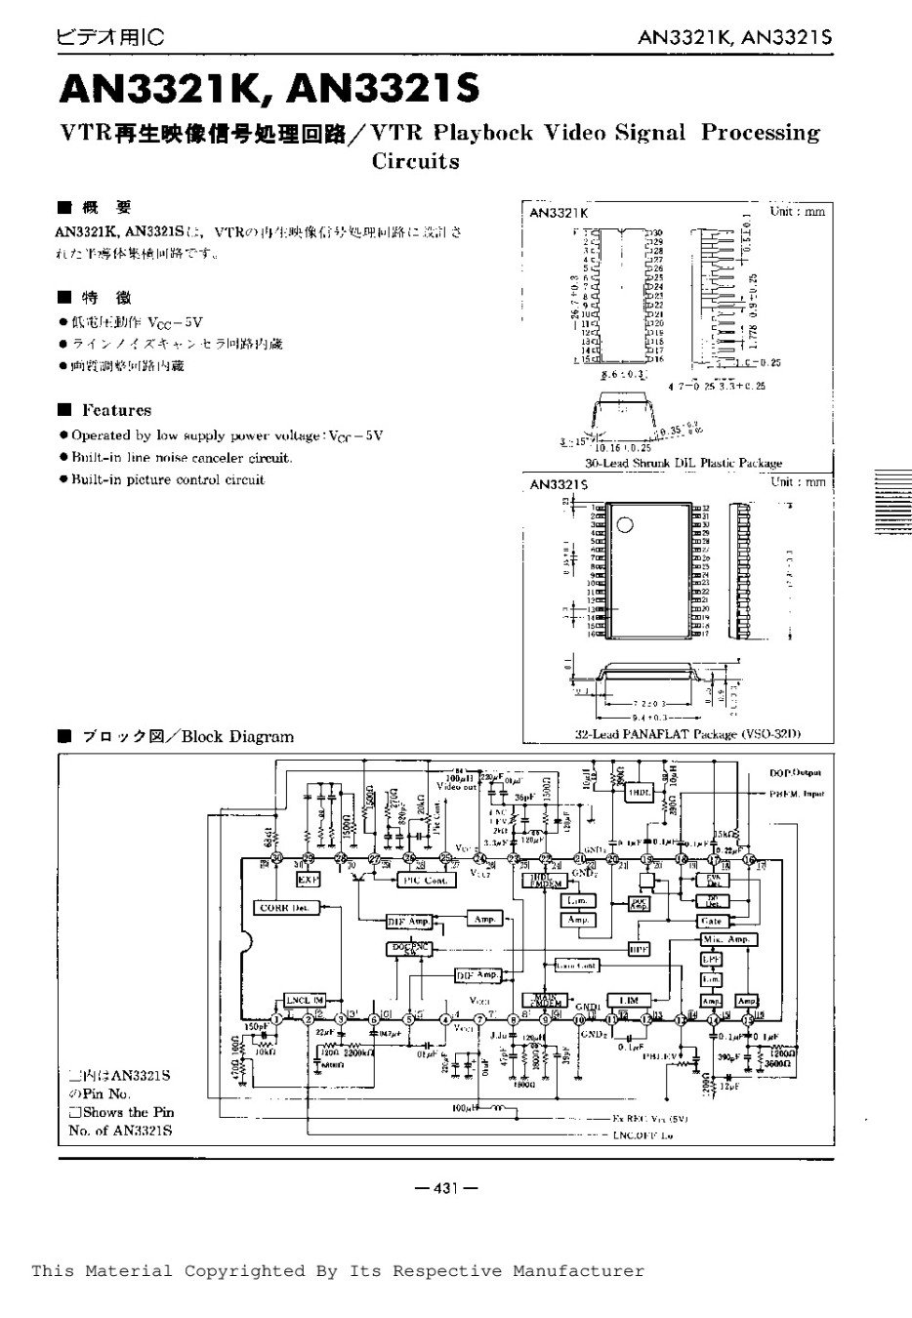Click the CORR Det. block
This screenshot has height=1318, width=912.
click(284, 908)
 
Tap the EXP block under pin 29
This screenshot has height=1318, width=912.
click(309, 880)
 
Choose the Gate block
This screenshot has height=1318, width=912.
click(711, 921)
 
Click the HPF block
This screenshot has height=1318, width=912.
click(639, 948)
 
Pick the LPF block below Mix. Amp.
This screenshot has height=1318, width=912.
click(711, 959)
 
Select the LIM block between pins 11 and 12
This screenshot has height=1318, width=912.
click(628, 1001)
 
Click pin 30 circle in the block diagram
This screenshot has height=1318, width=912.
click(276, 859)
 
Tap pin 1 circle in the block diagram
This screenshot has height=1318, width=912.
click(276, 1019)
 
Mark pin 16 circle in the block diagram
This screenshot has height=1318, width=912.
click(748, 859)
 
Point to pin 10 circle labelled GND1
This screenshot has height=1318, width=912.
click(579, 1019)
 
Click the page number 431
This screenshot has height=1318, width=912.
click(445, 1188)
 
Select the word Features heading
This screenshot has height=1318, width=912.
click(116, 410)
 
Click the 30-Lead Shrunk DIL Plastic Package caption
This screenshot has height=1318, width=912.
click(684, 463)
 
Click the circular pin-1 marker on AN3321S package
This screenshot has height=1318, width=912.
click(623, 523)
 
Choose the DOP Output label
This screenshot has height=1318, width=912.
click(798, 772)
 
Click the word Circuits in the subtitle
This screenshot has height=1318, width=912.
click(415, 161)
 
